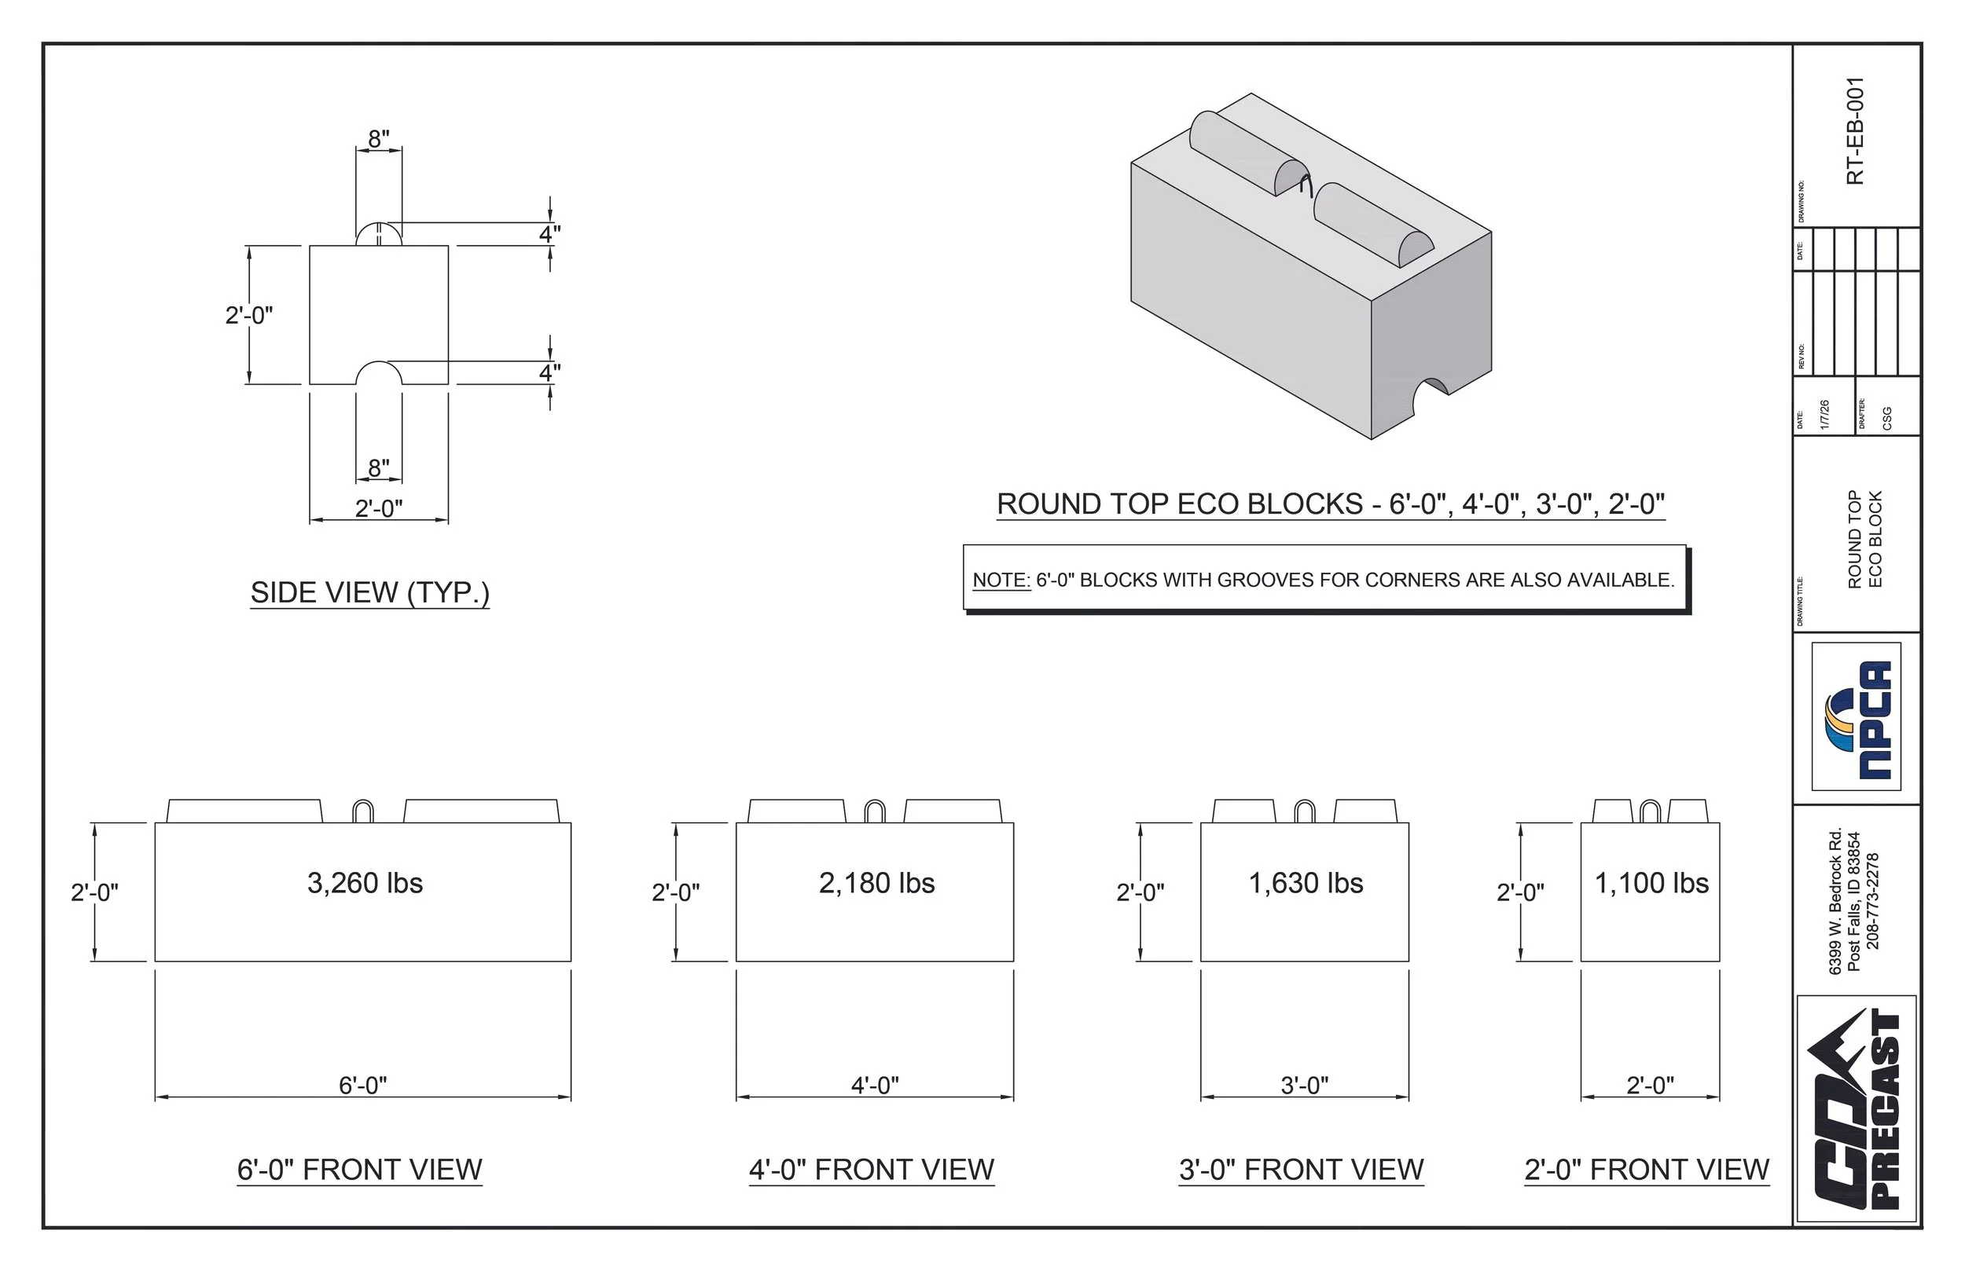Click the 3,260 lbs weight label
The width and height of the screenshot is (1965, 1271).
click(x=365, y=883)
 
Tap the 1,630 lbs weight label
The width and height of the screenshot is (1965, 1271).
click(x=1306, y=883)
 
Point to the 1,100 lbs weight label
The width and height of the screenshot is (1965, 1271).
click(x=1651, y=883)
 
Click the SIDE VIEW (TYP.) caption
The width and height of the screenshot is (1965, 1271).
click(x=370, y=592)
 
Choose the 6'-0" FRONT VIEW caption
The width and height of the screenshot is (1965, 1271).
click(x=359, y=1170)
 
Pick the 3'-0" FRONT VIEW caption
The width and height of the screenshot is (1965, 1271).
click(x=1301, y=1170)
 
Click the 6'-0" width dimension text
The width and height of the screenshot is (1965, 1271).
click(x=362, y=1086)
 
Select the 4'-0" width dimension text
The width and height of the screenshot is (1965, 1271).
click(x=874, y=1086)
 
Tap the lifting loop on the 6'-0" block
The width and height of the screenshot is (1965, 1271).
click(x=363, y=811)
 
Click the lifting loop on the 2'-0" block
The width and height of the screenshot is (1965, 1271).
click(x=1650, y=811)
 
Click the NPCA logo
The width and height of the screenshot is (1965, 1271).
click(x=1856, y=716)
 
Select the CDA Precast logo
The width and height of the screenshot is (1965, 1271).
click(x=1856, y=1108)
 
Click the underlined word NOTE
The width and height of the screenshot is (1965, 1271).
click(x=1001, y=581)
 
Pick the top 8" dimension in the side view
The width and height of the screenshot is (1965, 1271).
click(x=378, y=139)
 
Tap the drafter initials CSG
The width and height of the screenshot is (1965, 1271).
click(x=1887, y=419)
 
